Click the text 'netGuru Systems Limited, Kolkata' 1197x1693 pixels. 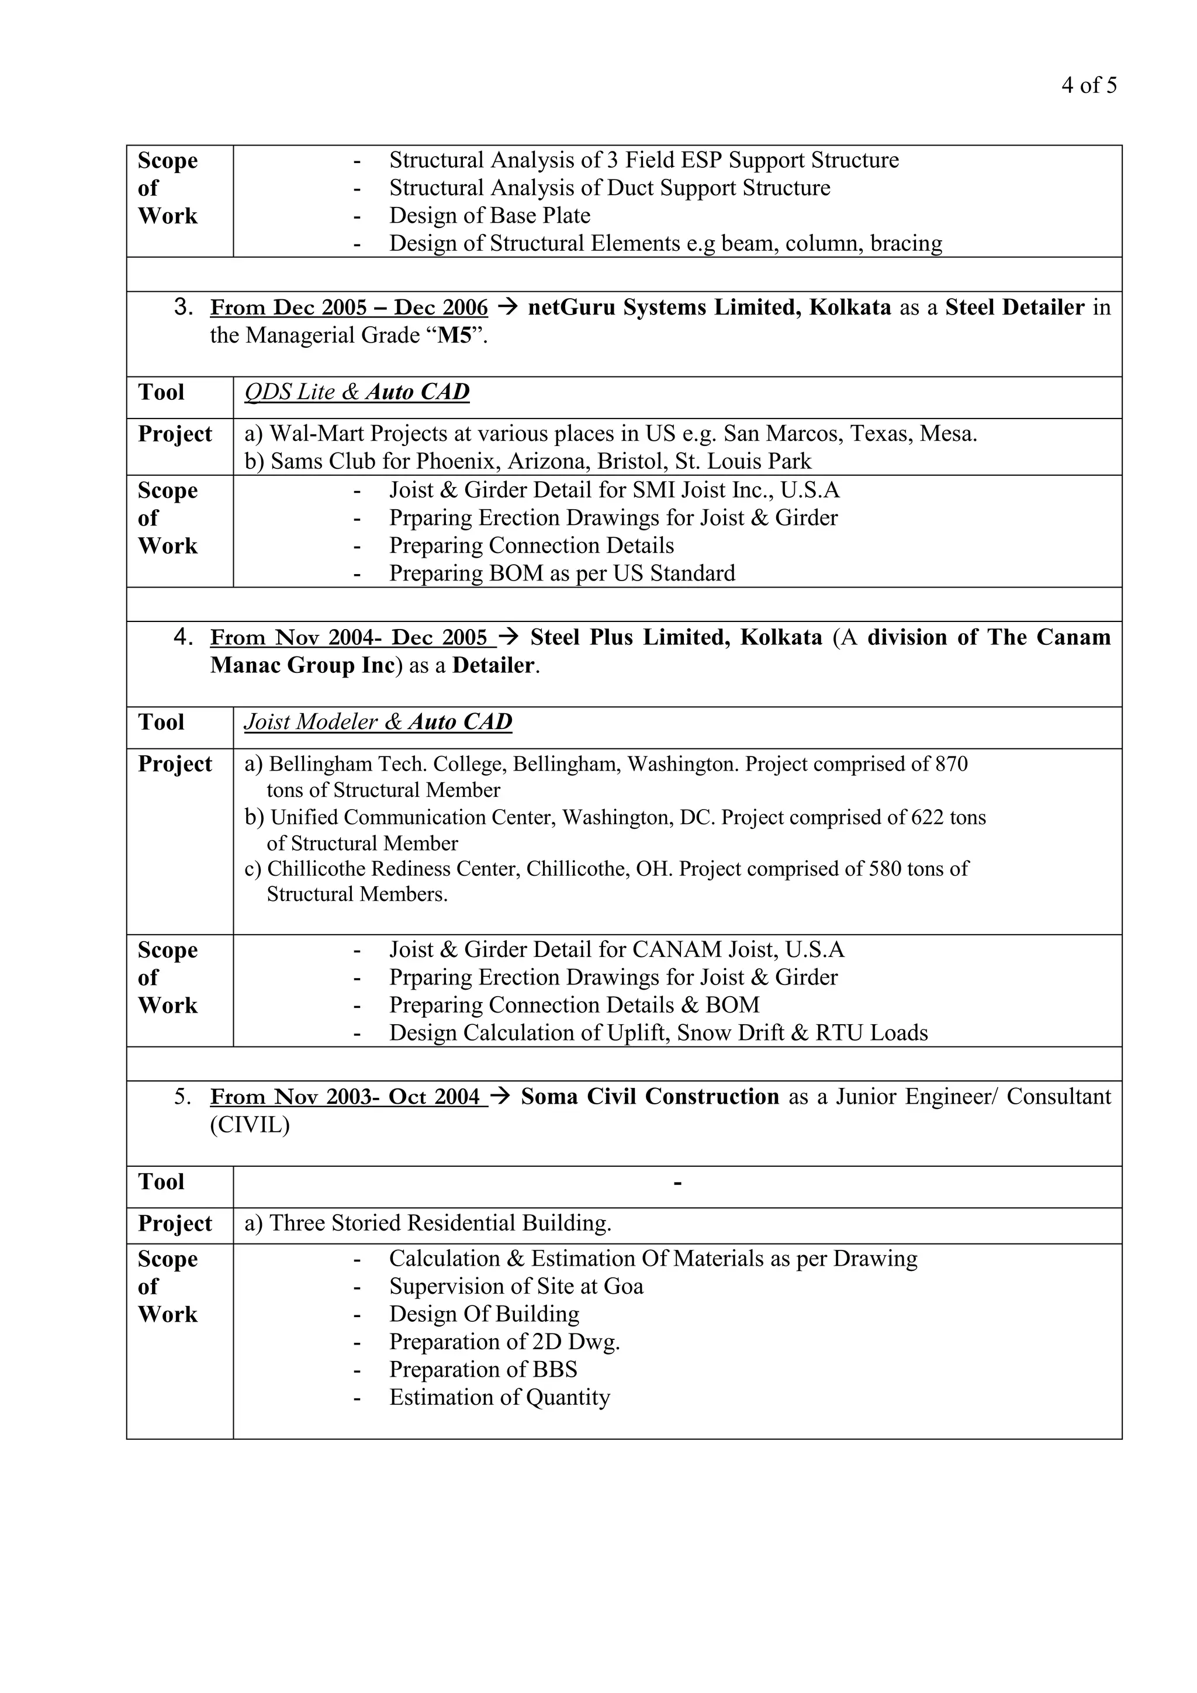[709, 307]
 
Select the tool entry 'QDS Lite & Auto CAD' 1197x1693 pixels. [357, 392]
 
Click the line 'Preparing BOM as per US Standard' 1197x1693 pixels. [562, 573]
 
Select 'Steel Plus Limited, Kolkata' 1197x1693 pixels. [675, 637]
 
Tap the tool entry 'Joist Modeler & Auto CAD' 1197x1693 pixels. [378, 722]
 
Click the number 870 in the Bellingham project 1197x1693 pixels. [951, 764]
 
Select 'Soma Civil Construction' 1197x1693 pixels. [649, 1097]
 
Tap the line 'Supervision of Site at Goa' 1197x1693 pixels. [516, 1287]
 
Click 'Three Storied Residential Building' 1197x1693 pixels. [440, 1224]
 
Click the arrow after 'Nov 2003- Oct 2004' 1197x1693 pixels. [500, 1097]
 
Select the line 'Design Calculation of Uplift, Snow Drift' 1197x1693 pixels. [658, 1033]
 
